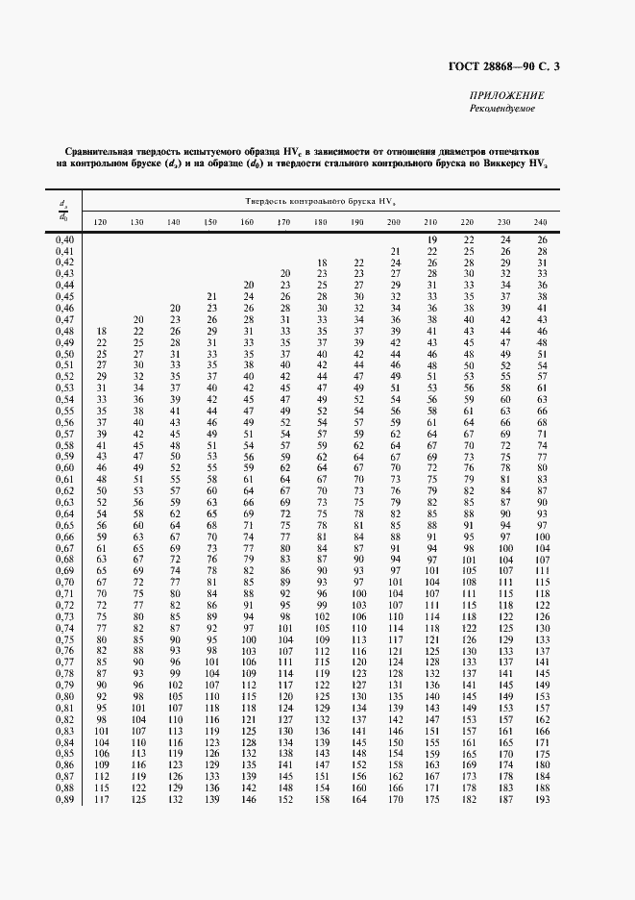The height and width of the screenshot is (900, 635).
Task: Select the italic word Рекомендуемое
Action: [x=502, y=109]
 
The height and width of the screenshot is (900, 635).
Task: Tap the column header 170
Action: [x=283, y=223]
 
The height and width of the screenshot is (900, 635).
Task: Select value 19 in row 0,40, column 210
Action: [x=431, y=239]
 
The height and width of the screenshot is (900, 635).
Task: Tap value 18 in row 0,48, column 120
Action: [x=102, y=331]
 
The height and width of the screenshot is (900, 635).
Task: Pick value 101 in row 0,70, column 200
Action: [x=394, y=583]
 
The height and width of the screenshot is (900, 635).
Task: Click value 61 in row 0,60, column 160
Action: [x=248, y=468]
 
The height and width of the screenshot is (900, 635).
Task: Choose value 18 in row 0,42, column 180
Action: [x=323, y=262]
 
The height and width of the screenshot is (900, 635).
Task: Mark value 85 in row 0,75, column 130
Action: [x=138, y=639]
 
